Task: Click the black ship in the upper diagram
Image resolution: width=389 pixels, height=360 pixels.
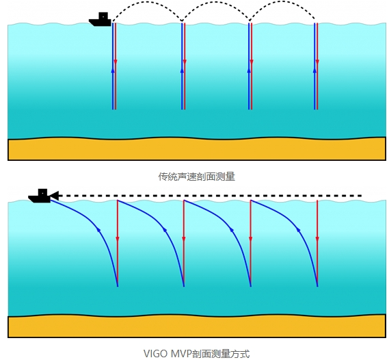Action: click(x=100, y=19)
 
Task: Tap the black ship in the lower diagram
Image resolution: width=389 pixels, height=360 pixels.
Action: click(x=40, y=196)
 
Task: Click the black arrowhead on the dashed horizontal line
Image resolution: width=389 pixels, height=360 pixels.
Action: click(x=55, y=196)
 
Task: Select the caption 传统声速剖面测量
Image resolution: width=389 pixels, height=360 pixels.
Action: click(x=196, y=177)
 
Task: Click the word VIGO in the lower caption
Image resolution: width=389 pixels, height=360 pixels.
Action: click(x=156, y=354)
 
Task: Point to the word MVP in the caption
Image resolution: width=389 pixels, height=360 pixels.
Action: click(x=181, y=354)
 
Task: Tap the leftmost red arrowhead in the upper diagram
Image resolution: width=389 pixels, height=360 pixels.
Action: click(x=116, y=62)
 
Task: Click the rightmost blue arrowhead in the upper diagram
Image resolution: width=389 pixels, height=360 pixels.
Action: click(x=314, y=70)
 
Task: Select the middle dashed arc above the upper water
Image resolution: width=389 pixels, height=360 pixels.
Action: click(x=215, y=2)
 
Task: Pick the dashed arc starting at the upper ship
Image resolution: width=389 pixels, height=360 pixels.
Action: click(x=148, y=2)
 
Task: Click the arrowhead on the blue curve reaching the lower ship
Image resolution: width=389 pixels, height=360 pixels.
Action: click(x=98, y=230)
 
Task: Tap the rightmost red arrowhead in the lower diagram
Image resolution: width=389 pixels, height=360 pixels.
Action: click(x=317, y=240)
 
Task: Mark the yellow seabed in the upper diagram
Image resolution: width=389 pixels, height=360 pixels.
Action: click(x=197, y=149)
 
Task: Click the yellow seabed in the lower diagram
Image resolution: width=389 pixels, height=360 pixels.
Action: click(x=197, y=326)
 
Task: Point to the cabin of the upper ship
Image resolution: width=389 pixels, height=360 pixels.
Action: click(x=103, y=16)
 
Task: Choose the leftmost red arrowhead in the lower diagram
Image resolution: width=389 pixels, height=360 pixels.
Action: click(x=118, y=240)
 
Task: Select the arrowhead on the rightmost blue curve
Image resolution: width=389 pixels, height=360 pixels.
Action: click(x=299, y=231)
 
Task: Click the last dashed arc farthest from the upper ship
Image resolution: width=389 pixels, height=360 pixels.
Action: click(x=282, y=1)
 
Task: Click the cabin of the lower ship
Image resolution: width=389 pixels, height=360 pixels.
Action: click(x=42, y=192)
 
